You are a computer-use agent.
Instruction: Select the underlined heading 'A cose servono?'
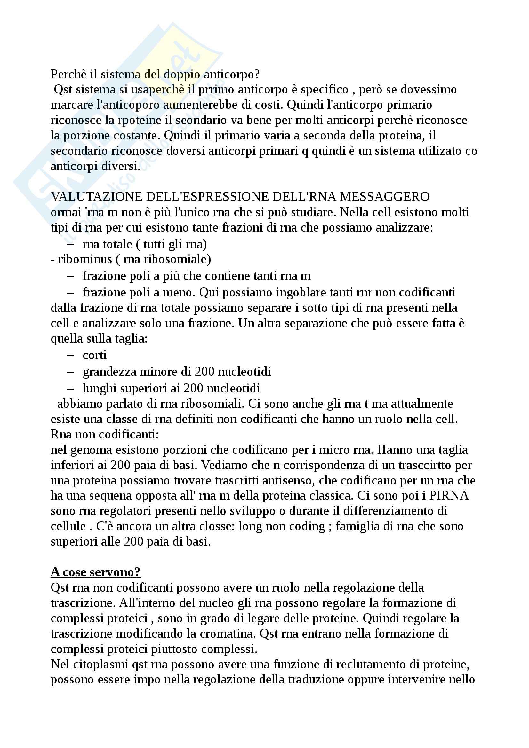[x=95, y=572]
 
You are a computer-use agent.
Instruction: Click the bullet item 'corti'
[x=94, y=355]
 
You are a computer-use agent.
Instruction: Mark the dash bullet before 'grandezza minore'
[x=70, y=372]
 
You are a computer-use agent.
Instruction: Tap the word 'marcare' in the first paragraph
[x=71, y=105]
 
